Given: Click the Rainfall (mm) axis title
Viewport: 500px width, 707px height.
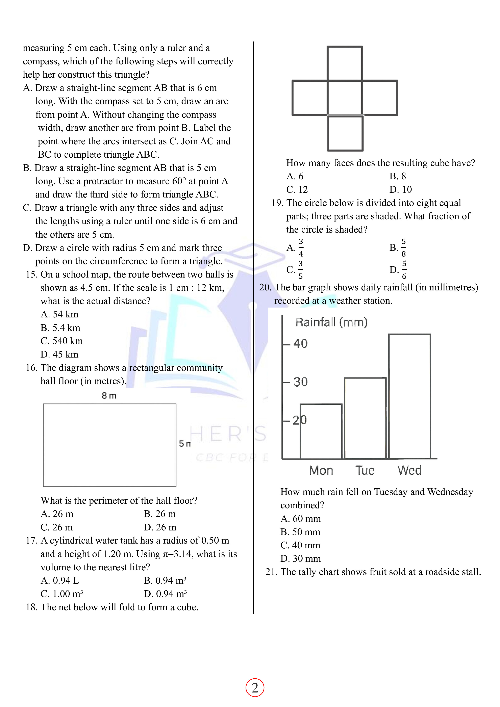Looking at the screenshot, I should [x=331, y=322].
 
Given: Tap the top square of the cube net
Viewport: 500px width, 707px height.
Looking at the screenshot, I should [x=345, y=63].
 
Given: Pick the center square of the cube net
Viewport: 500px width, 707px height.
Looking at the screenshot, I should [x=345, y=98].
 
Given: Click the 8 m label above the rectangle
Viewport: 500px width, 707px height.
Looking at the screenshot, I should [x=109, y=396].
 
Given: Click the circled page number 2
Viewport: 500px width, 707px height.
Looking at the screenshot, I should [x=255, y=688].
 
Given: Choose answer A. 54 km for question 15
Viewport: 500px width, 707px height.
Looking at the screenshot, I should [x=59, y=314].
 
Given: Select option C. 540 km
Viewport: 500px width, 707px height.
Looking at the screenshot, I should [x=62, y=341].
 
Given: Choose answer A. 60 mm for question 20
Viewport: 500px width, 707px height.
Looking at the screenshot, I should [x=300, y=519].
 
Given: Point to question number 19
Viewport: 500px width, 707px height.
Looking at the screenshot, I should [x=277, y=203].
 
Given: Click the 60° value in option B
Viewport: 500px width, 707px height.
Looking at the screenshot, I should [x=179, y=181].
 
